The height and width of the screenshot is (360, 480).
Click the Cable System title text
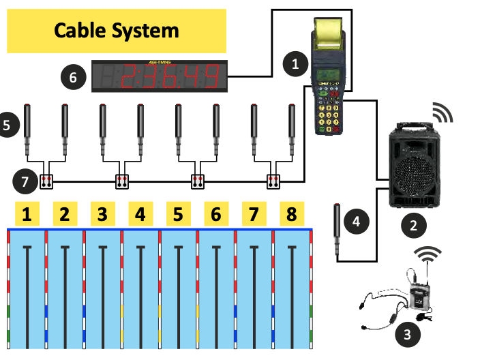tap(116, 31)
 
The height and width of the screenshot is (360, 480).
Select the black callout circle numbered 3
tap(408, 333)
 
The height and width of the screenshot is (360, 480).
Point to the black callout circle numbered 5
tap(6, 125)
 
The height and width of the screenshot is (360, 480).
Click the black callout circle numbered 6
tap(74, 77)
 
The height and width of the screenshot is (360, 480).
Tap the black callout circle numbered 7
tap(24, 181)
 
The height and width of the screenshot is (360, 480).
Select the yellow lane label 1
tap(27, 215)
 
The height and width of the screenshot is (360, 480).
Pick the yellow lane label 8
tap(292, 215)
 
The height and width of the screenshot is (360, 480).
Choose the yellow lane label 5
tap(178, 215)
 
